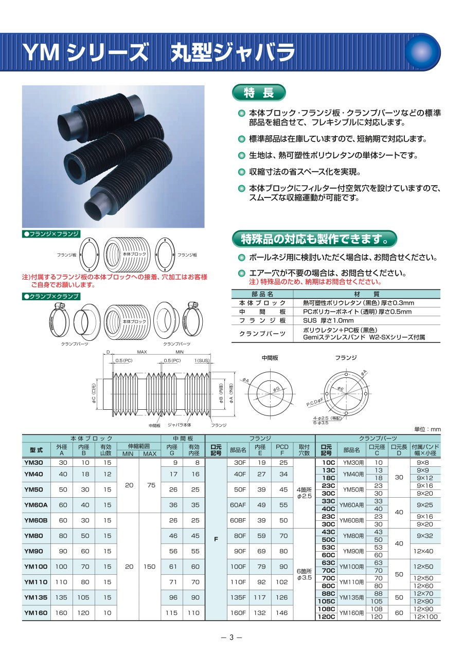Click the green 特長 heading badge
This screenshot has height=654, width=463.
[x=259, y=93]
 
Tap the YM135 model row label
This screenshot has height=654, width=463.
[x=35, y=597]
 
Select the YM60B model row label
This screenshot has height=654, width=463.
[x=35, y=520]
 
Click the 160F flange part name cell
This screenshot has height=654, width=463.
[x=238, y=613]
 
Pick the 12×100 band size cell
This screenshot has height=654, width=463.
[x=425, y=616]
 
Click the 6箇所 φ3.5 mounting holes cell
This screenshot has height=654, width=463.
[x=304, y=574]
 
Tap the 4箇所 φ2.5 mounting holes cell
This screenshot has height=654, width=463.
[x=304, y=493]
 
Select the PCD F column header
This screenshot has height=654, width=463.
[x=282, y=450]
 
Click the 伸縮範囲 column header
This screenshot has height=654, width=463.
[x=139, y=446]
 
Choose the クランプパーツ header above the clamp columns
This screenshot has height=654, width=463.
[x=378, y=438]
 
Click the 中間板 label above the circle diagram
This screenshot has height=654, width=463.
[x=270, y=358]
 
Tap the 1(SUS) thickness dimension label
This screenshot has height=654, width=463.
[x=202, y=360]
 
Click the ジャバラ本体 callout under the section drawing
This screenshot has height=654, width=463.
[x=179, y=425]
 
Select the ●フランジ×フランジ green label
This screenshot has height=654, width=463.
[x=51, y=234]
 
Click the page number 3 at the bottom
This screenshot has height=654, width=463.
[x=232, y=638]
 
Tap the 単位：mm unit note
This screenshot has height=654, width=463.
[x=427, y=429]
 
